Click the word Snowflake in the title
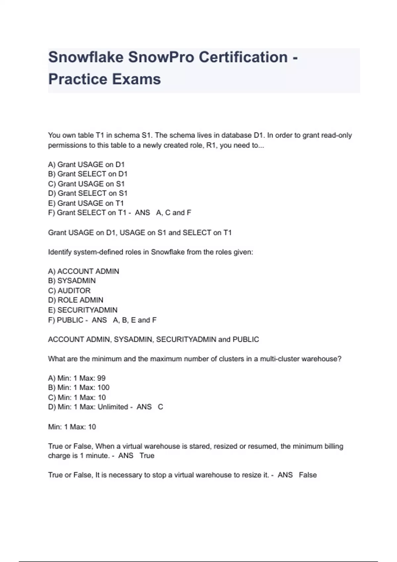(x=86, y=57)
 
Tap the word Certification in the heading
(x=243, y=57)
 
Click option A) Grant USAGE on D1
(x=86, y=164)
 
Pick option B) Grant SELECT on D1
(x=88, y=174)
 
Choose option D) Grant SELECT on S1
(x=88, y=193)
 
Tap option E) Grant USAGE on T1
(x=86, y=203)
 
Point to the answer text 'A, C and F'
(x=174, y=213)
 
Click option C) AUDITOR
(x=69, y=291)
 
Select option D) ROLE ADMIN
(x=75, y=300)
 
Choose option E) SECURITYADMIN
(x=83, y=310)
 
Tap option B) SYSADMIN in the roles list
(x=72, y=281)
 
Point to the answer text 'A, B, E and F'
(x=135, y=320)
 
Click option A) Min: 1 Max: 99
(x=77, y=378)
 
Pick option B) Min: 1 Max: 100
(x=79, y=387)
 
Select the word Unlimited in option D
(x=113, y=407)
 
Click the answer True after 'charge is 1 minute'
(x=147, y=456)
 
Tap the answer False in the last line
(x=308, y=475)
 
